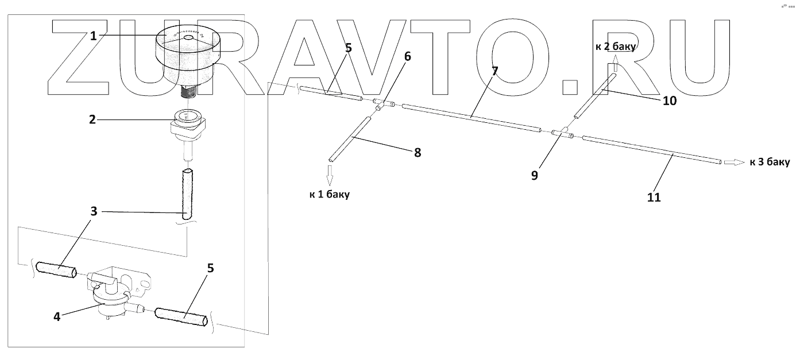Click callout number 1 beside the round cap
tap(93, 36)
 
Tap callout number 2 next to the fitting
tap(92, 119)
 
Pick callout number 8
tap(417, 153)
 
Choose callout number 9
tap(534, 175)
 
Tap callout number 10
tap(669, 101)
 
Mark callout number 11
tap(654, 197)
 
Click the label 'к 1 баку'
tap(330, 194)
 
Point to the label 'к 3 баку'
tap(770, 162)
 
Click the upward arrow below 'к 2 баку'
tap(615, 63)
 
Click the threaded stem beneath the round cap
tap(189, 90)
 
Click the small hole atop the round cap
tap(188, 38)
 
